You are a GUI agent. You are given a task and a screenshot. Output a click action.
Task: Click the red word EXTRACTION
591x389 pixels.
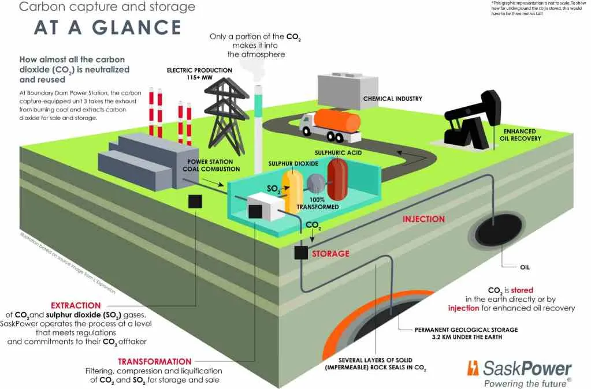click(x=76, y=305)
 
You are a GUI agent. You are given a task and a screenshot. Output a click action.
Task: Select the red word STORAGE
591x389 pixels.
click(x=330, y=253)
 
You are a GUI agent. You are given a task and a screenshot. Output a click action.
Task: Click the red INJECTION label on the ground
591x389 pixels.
click(x=423, y=219)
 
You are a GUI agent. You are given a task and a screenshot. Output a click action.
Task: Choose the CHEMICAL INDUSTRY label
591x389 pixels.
click(x=392, y=99)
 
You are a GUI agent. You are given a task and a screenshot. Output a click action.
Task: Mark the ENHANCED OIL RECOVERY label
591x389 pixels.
click(x=522, y=135)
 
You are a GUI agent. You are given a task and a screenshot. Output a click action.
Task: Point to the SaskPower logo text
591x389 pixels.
click(x=521, y=368)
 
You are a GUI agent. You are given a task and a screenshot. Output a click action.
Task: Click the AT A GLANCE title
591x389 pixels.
click(x=107, y=28)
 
